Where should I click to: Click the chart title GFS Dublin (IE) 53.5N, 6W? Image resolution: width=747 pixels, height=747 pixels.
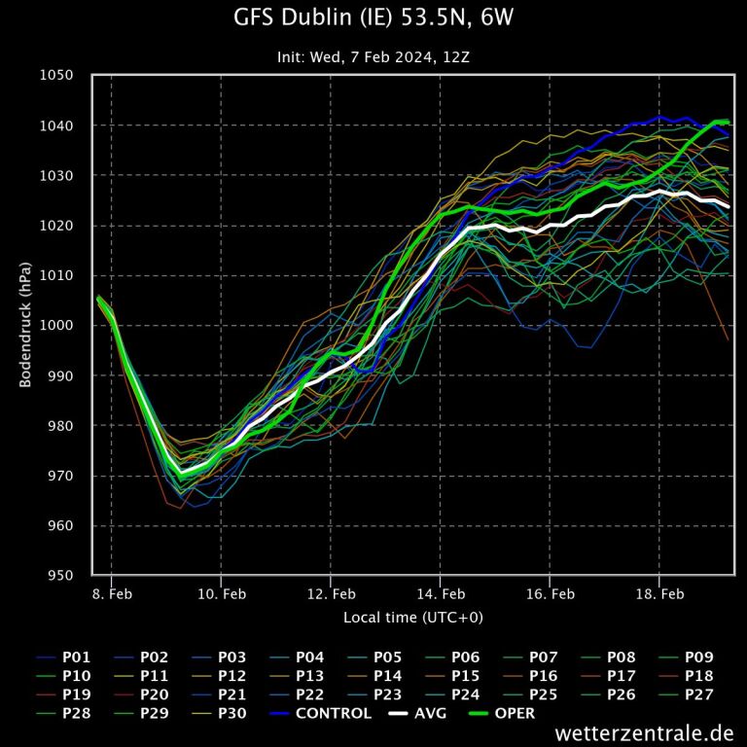click(x=373, y=18)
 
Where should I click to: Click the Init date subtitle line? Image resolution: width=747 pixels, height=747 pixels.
click(x=373, y=56)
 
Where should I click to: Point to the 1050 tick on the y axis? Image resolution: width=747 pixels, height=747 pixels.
click(x=56, y=76)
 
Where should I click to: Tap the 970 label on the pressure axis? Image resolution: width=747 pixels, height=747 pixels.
click(x=60, y=476)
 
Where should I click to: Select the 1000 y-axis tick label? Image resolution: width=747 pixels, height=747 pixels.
click(x=56, y=326)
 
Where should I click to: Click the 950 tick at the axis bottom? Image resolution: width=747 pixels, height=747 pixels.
click(x=60, y=576)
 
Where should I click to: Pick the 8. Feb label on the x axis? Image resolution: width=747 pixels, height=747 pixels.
click(x=111, y=593)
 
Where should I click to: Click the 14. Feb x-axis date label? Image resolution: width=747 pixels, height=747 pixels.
click(x=440, y=593)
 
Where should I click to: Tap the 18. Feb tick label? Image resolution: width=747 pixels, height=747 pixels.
click(x=658, y=593)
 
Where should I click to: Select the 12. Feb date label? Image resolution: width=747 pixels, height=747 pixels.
click(x=330, y=593)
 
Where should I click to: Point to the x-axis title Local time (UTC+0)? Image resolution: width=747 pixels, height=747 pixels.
click(x=412, y=618)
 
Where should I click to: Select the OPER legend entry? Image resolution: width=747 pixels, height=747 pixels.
click(x=515, y=713)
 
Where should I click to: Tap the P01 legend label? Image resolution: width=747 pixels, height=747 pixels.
click(x=76, y=657)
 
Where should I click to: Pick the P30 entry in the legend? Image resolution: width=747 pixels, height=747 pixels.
click(x=232, y=713)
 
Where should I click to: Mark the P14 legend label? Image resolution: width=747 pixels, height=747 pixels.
click(x=388, y=675)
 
